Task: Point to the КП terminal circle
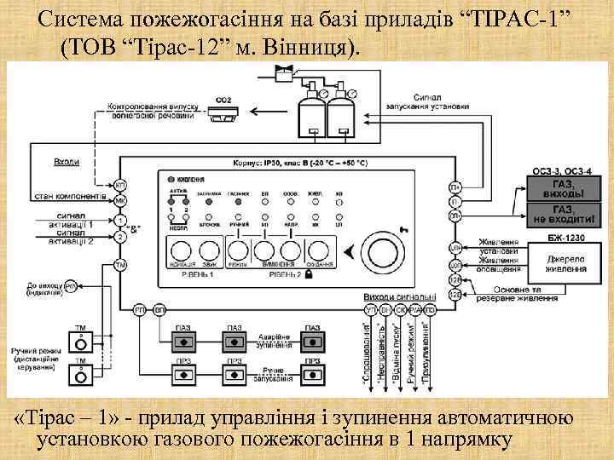click(x=120, y=185)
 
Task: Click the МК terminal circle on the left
click(x=120, y=201)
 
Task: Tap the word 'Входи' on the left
click(x=66, y=161)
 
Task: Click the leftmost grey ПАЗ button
click(x=182, y=342)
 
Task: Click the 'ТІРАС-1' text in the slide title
click(x=521, y=19)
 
